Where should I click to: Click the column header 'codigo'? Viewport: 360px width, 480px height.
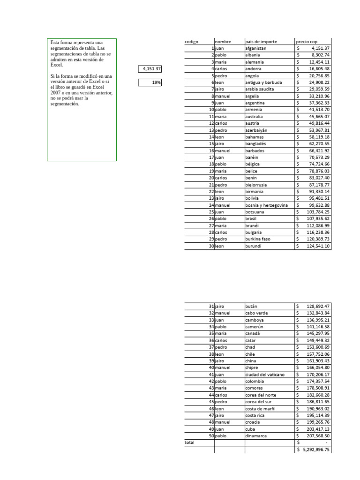[x=192, y=42]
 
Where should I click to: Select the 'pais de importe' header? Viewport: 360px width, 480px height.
[x=261, y=42]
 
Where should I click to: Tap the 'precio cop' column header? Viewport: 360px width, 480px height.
[x=307, y=42]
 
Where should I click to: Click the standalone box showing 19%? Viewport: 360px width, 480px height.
[x=150, y=82]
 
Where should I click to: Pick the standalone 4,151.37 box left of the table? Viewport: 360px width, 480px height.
[x=150, y=69]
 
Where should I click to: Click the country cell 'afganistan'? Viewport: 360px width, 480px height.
[x=256, y=48]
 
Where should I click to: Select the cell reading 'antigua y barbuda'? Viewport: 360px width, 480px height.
[x=263, y=82]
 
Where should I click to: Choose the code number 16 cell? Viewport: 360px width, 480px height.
[x=211, y=151]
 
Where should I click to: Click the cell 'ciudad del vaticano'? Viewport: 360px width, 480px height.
[x=265, y=375]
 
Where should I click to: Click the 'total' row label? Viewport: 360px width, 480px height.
[x=189, y=442]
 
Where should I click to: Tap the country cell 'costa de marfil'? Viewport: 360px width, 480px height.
[x=261, y=409]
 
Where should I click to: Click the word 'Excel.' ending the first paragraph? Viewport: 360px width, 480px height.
[x=56, y=65]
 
